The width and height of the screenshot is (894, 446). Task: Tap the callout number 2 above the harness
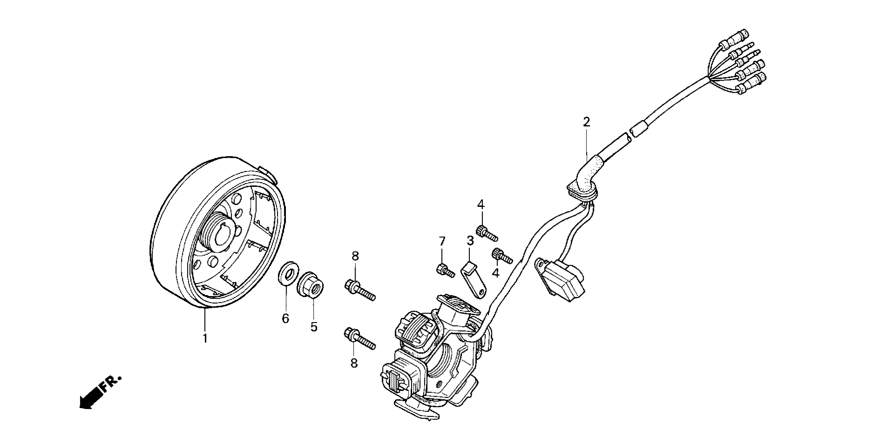pyautogui.click(x=586, y=122)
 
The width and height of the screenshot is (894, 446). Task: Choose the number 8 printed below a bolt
pyautogui.click(x=354, y=363)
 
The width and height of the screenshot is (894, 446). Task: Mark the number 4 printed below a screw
pyautogui.click(x=495, y=273)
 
